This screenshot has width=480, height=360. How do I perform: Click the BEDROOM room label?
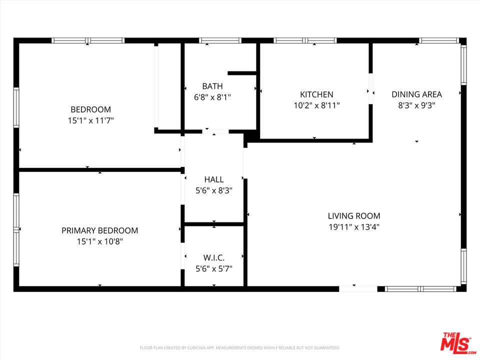coord(90,109)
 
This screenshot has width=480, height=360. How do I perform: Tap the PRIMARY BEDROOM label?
coord(100,230)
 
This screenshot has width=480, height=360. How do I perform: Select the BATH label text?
coord(212,86)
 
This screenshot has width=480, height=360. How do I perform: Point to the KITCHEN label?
coord(316,94)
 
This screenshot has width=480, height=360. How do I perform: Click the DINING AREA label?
coord(416,94)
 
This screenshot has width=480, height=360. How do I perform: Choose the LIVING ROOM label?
coord(354,216)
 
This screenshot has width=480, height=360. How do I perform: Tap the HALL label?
coord(214,179)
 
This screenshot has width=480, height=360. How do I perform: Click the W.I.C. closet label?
coord(214,257)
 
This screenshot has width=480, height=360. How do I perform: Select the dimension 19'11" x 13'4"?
coord(354,227)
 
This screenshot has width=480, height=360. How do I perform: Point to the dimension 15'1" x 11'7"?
coord(90,120)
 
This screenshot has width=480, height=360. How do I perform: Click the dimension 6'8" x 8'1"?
coord(212,97)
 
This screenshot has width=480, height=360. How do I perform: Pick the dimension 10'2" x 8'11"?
coord(316,105)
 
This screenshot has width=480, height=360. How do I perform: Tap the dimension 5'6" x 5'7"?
coord(214,268)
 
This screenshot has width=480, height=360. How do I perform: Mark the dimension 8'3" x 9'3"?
coord(416,105)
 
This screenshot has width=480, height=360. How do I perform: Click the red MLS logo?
coord(457,341)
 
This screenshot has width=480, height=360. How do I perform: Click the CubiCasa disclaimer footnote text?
coord(239,348)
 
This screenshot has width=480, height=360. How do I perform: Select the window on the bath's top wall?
coord(220,40)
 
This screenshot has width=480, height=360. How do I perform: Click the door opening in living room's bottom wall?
coord(358,289)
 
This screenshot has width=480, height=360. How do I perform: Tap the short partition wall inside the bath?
coord(242,73)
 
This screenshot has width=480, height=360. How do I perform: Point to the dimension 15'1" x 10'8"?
coord(100,241)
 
